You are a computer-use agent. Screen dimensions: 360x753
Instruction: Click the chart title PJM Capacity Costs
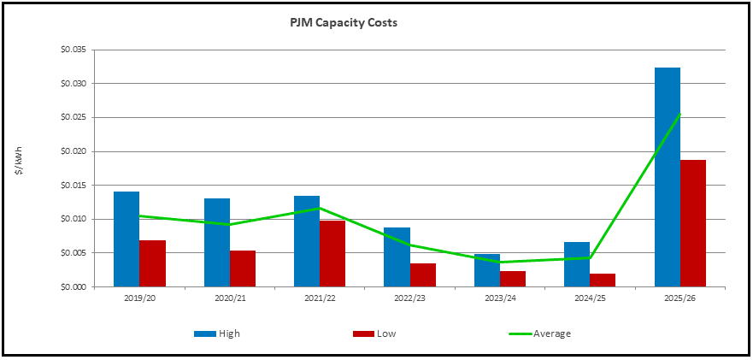tap(343, 23)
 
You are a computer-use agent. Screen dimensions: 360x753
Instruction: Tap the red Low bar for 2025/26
tap(693, 223)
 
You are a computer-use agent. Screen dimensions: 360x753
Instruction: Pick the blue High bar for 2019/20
tap(126, 239)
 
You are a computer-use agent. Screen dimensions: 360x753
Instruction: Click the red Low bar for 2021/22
tap(332, 254)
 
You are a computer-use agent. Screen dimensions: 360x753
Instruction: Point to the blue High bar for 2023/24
tap(487, 270)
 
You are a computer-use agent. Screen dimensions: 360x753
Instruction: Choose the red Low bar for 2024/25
tap(603, 280)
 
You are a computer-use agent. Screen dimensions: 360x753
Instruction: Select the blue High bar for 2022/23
tap(397, 257)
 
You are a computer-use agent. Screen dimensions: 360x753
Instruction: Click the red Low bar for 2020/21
tap(243, 269)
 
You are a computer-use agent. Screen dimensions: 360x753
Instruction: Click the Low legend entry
tap(374, 333)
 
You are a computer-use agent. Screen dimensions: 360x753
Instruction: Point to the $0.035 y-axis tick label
tap(75, 50)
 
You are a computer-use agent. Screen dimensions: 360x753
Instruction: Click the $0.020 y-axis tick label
tap(75, 151)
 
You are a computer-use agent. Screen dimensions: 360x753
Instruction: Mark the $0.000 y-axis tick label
tap(75, 287)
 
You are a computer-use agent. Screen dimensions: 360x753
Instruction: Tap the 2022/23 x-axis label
tap(409, 298)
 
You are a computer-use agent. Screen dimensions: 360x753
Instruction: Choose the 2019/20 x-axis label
tap(139, 298)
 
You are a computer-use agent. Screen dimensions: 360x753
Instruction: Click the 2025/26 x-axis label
tap(679, 298)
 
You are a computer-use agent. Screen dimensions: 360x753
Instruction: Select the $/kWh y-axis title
tap(19, 161)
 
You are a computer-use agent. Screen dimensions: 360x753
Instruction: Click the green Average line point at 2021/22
tap(320, 208)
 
